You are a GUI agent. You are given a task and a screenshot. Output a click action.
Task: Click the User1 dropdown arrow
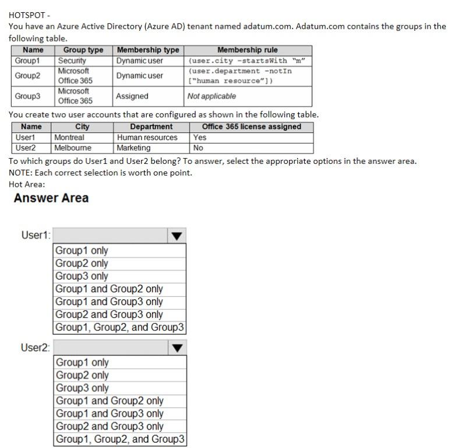tap(178, 236)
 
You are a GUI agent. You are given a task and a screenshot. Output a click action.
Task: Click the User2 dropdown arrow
tap(178, 348)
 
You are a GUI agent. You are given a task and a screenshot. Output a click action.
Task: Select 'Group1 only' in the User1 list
tap(82, 250)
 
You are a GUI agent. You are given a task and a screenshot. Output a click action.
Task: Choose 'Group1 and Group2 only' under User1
tap(109, 289)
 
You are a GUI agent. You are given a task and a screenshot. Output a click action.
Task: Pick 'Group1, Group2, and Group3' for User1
tap(119, 327)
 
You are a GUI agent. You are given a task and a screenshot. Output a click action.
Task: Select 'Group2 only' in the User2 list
tap(82, 375)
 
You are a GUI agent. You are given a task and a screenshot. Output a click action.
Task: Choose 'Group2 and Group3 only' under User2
tap(110, 426)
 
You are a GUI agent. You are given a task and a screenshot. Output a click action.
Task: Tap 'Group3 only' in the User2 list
tap(82, 388)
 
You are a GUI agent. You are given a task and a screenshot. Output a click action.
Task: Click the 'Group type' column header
tap(83, 50)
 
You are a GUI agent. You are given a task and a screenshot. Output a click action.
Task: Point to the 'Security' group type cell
tap(72, 61)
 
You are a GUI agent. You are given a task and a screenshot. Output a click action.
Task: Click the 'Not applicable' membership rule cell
tap(211, 96)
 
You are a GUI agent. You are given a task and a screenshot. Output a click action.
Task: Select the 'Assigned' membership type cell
tap(132, 96)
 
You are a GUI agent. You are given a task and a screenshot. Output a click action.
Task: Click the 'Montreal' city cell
tap(69, 138)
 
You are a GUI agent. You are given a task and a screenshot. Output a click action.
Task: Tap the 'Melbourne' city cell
tap(73, 148)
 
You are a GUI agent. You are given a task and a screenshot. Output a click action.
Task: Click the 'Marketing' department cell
tap(133, 148)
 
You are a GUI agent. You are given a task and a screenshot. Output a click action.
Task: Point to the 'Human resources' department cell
tap(147, 138)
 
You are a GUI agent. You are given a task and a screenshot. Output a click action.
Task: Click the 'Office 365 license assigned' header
tap(252, 127)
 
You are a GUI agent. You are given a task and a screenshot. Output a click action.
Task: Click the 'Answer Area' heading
tap(51, 198)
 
